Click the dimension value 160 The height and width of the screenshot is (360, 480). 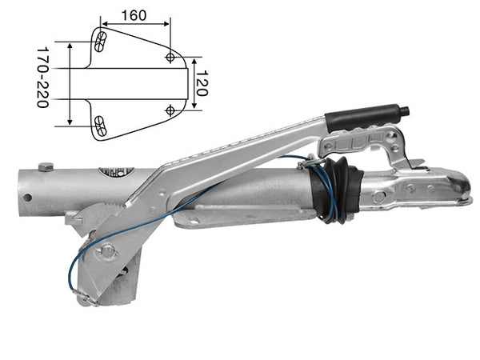[134, 15]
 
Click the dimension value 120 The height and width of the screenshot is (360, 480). [202, 83]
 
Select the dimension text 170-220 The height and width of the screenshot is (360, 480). [43, 78]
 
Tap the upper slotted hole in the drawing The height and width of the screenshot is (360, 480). [101, 42]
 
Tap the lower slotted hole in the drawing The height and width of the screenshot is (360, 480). [100, 126]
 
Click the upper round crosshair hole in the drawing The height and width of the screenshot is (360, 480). [170, 57]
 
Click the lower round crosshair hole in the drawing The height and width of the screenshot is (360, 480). [170, 110]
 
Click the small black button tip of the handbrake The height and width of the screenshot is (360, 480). [406, 110]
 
